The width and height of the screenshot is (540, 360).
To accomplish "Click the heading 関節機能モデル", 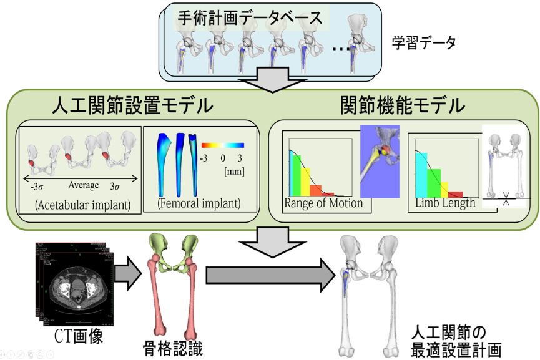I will point(402,105).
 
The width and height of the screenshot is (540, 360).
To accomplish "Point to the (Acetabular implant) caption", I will point(83,205).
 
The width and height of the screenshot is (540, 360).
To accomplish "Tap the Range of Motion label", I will point(323,203).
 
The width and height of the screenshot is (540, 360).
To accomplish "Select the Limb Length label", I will point(444,203).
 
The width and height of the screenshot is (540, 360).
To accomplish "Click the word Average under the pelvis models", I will point(84,185).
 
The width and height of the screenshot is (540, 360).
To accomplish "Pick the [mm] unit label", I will point(233,170).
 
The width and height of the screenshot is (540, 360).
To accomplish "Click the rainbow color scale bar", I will point(223,144).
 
